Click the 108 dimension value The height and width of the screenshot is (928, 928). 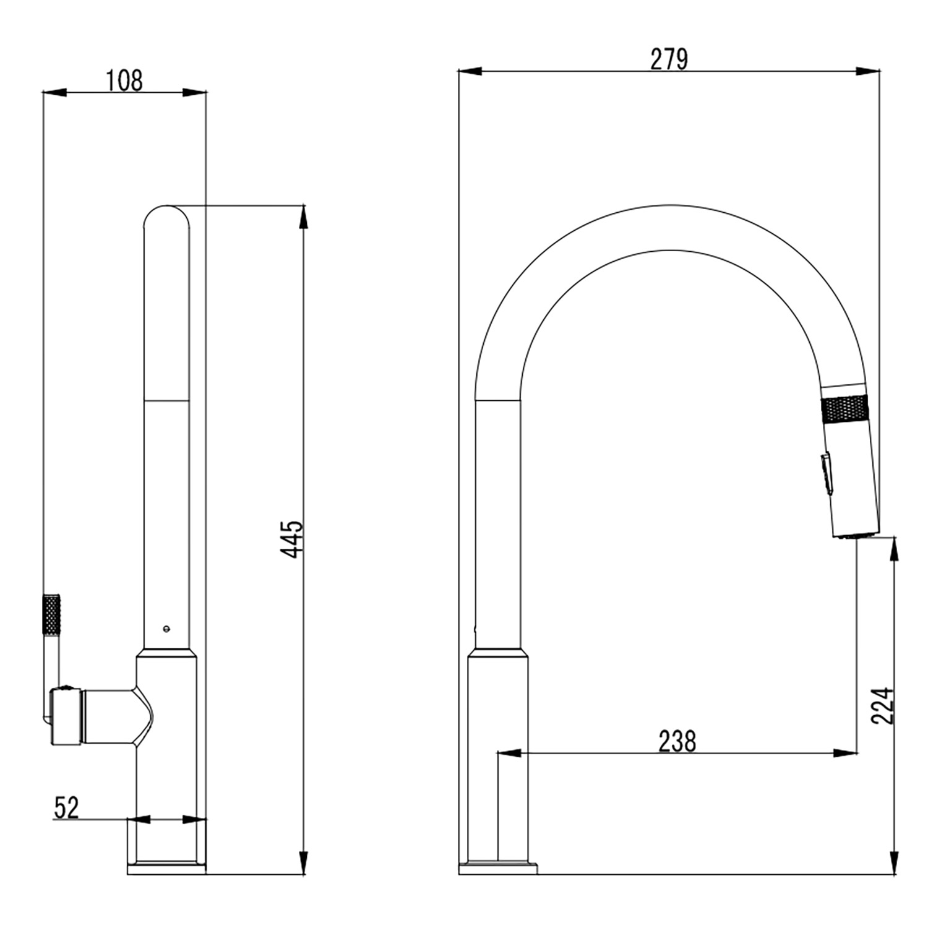click(x=124, y=81)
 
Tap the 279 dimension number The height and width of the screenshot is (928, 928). click(x=669, y=60)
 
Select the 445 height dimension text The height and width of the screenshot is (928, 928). click(x=293, y=539)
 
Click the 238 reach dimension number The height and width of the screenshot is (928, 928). click(x=677, y=741)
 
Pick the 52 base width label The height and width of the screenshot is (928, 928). click(x=67, y=807)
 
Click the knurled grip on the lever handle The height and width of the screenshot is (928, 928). click(x=51, y=614)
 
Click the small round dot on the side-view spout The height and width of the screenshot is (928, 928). click(x=166, y=629)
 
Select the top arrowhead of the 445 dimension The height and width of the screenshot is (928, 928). click(x=303, y=217)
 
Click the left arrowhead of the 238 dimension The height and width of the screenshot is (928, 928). click(x=509, y=753)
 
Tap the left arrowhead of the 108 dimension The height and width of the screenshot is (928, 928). click(x=54, y=93)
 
